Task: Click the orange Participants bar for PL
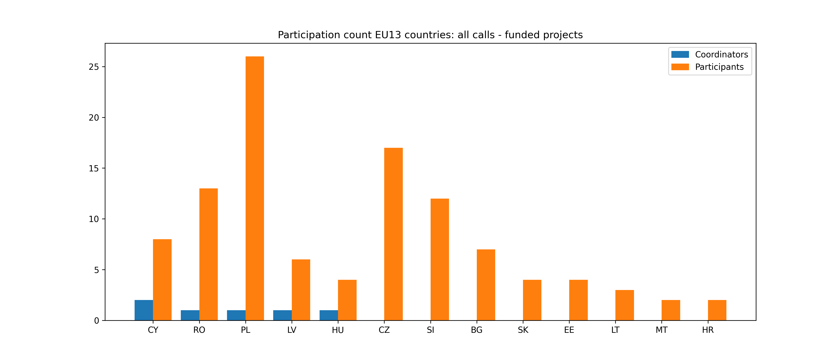tap(255, 188)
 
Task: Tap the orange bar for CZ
tap(393, 234)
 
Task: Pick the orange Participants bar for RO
tap(208, 254)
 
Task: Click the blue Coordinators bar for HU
tap(329, 315)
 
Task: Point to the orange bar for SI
tap(440, 260)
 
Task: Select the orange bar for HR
tap(717, 310)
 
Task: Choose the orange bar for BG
tap(486, 285)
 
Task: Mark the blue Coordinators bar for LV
tap(282, 315)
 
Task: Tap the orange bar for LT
tap(624, 305)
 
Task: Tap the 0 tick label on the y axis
tap(97, 321)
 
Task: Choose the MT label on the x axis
tap(661, 330)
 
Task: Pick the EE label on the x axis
tap(569, 330)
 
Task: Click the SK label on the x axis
tap(523, 330)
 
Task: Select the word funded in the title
tap(521, 35)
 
